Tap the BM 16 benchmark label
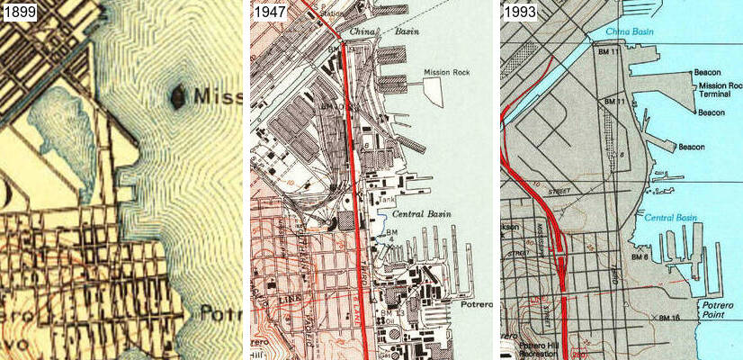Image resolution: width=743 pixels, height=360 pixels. (x=668, y=318)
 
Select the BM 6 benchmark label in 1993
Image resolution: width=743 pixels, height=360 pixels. (x=640, y=257)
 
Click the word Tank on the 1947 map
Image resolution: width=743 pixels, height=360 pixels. (x=387, y=200)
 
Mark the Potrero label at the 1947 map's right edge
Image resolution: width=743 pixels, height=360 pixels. (x=479, y=305)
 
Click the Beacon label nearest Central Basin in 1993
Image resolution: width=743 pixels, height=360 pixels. (x=691, y=147)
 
